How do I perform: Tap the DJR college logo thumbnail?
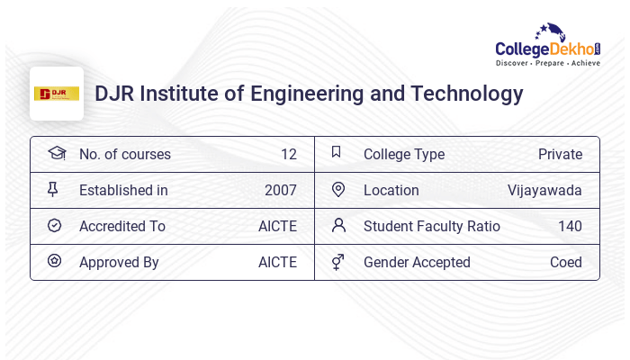coord(57,94)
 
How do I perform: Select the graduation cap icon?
coord(56,153)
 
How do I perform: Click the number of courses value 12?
coord(288,154)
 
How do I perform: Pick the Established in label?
coord(123,190)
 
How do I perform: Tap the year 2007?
coord(280,190)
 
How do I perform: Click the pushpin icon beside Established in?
coord(53,189)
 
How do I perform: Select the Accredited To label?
coord(122,226)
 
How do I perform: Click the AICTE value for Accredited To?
coord(277,226)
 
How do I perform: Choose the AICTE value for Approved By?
coord(277,262)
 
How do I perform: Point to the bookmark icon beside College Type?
coord(337,152)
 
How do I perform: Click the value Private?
coord(560,154)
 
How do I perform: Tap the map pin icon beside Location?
coord(338,189)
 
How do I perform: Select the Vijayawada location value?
coord(544,190)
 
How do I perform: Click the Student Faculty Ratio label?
coord(431,226)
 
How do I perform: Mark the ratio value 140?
coord(570,226)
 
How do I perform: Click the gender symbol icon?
coord(337,262)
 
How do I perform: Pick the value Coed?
coord(565,262)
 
